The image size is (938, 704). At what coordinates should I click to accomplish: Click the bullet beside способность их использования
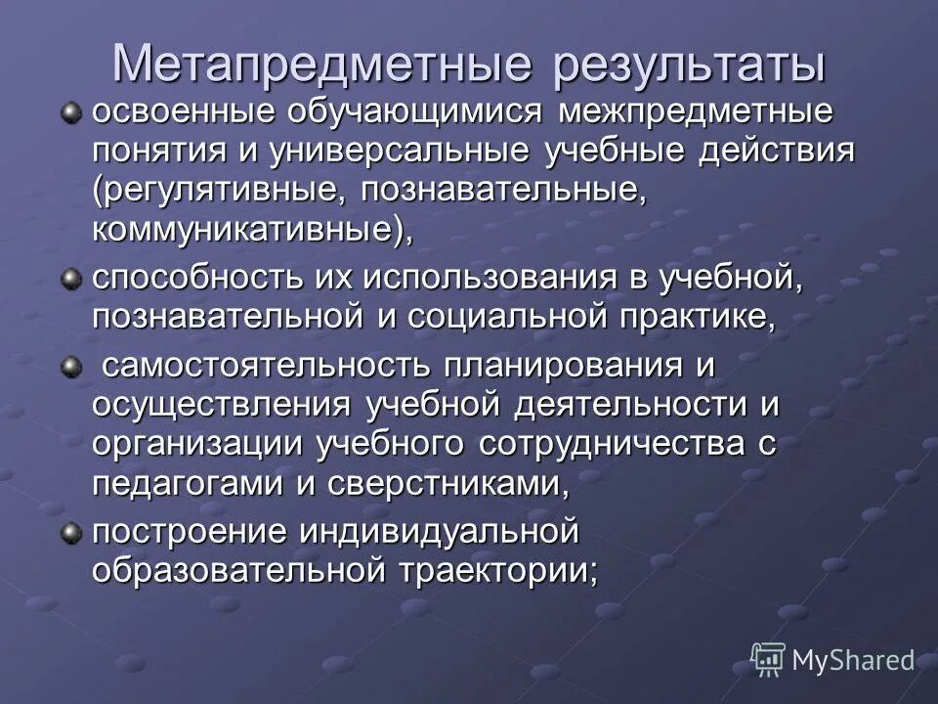click(x=70, y=281)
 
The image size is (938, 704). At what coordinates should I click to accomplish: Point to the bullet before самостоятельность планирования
click(x=70, y=367)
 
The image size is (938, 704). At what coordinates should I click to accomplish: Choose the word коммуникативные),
click(x=253, y=232)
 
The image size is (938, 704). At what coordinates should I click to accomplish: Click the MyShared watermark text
click(x=852, y=660)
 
